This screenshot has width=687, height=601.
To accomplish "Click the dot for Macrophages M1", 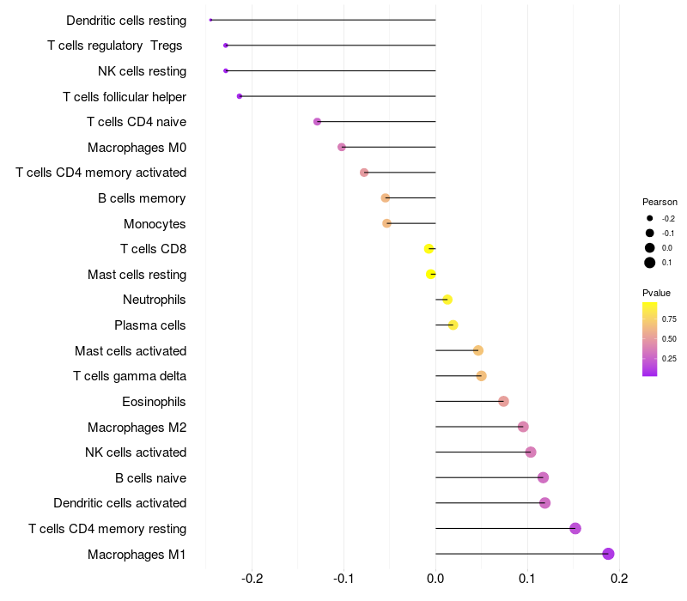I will tap(608, 554).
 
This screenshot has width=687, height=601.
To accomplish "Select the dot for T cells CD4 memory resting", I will tap(575, 528).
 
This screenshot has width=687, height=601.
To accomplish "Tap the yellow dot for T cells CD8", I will tap(429, 249).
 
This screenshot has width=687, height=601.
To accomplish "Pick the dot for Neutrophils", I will tap(447, 300).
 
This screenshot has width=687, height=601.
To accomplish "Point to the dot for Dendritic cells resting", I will tap(210, 20).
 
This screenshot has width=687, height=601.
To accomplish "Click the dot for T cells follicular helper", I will tap(240, 96).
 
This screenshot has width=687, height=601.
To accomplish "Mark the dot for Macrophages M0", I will tap(342, 147).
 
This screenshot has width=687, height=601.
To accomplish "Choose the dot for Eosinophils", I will tap(503, 401).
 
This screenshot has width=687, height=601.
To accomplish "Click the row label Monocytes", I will tap(155, 224).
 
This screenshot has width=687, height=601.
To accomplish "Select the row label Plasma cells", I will tap(150, 325).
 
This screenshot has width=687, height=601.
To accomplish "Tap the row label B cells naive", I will tap(150, 477).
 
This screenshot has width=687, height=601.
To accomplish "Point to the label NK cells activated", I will tap(136, 452).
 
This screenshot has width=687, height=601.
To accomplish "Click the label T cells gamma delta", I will tap(130, 376).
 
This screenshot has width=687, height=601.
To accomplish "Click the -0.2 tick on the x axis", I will tap(252, 578).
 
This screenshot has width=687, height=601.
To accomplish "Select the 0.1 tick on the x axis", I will tap(527, 578).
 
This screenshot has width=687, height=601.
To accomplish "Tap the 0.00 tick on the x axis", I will tap(435, 578).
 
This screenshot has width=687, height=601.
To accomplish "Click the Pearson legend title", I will tap(660, 202).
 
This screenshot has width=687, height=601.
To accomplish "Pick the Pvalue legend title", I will tap(656, 293).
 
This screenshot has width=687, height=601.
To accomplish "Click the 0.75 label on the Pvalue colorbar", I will tap(669, 319).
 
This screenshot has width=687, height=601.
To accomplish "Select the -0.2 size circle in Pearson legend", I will tap(650, 219).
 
